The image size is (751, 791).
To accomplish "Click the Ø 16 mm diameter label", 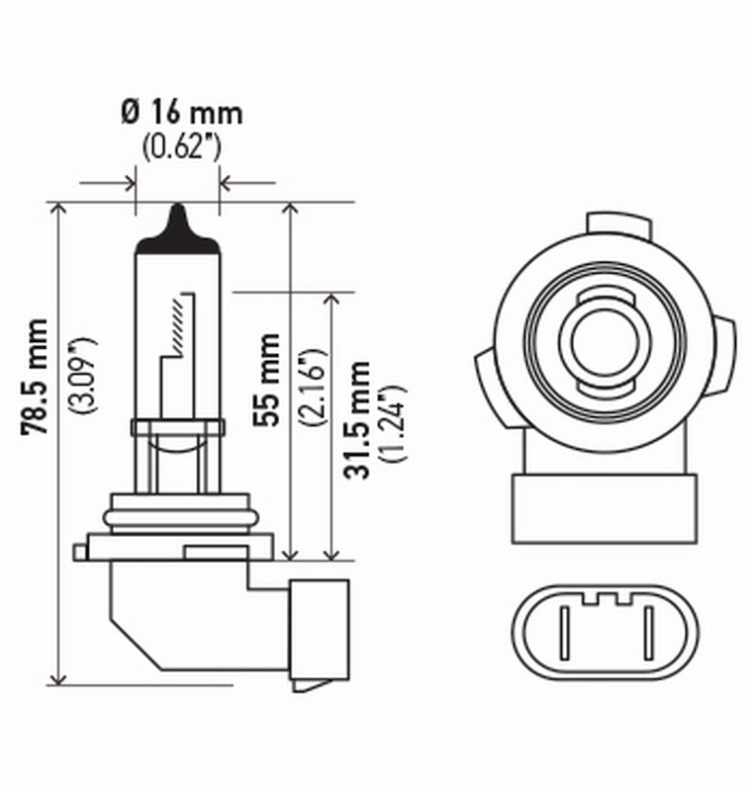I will click(181, 112).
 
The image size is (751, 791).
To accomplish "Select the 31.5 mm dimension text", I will click(358, 420).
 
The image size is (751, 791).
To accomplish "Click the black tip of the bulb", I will click(177, 225).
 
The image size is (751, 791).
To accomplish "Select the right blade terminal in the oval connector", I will click(649, 633).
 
